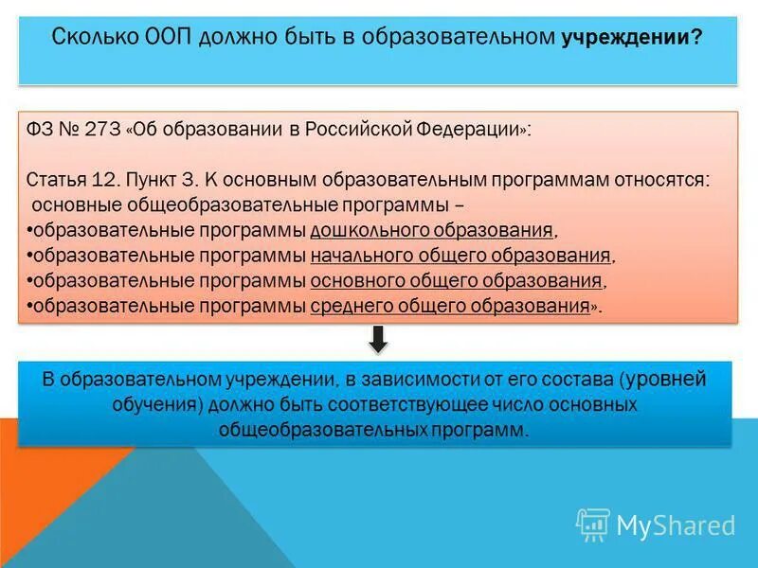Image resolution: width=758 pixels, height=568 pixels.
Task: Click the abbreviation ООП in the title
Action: click(167, 38)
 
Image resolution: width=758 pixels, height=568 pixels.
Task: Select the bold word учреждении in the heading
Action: click(631, 39)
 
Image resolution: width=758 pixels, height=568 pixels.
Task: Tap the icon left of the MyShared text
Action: click(593, 524)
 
